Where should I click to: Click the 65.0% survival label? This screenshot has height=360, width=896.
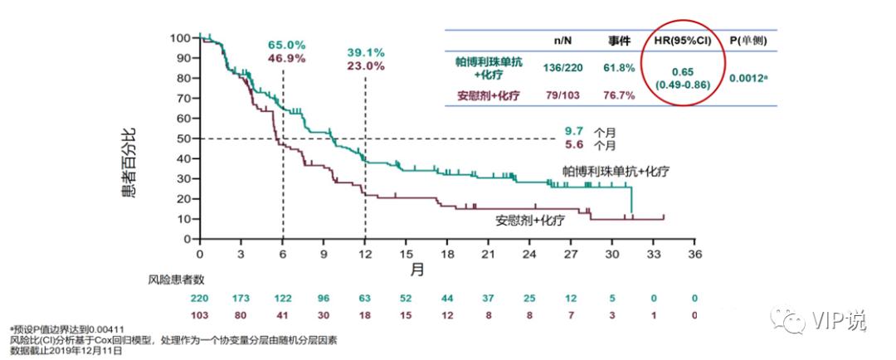click(286, 44)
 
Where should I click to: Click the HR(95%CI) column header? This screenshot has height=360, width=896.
click(684, 40)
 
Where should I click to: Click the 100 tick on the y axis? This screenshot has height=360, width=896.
click(181, 38)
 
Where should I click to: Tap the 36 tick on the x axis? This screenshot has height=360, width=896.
click(694, 255)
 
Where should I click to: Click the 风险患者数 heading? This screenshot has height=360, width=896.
click(176, 281)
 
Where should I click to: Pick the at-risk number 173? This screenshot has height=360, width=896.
click(241, 298)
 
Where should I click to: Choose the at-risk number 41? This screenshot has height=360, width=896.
click(282, 314)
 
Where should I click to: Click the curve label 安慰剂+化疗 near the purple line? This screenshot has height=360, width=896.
click(530, 221)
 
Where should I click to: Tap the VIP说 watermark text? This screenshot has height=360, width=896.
click(838, 319)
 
